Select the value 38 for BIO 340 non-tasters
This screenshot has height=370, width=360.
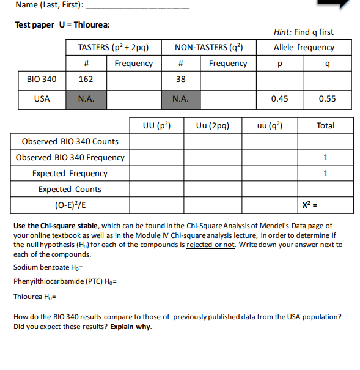[x=180, y=79]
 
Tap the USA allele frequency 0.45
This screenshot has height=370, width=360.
[x=279, y=98]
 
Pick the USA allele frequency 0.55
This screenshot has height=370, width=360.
[x=328, y=98]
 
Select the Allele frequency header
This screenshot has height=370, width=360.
[x=304, y=47]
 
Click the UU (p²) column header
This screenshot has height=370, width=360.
[x=156, y=125]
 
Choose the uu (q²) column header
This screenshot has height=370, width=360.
[x=270, y=125]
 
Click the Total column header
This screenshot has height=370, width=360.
[x=325, y=125]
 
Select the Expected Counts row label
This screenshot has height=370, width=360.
[x=70, y=189]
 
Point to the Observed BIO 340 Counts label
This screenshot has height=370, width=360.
[x=70, y=141]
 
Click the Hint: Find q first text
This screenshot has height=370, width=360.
[x=304, y=32]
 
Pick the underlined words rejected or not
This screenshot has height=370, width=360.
[x=210, y=245]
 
